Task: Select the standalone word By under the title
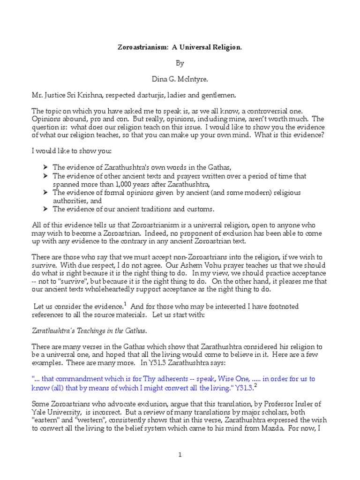[180, 63]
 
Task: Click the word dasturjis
[145, 96]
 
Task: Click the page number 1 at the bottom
[180, 454]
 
